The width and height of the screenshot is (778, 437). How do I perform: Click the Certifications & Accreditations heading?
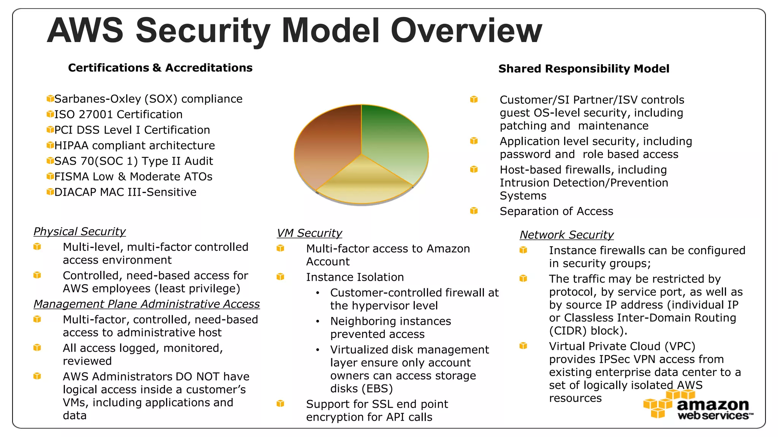tap(160, 68)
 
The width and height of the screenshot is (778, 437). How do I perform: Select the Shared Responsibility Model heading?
tap(583, 69)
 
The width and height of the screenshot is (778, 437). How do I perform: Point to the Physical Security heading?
tap(79, 231)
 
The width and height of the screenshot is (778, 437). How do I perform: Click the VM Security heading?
tap(309, 233)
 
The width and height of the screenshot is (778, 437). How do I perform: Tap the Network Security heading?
tap(566, 235)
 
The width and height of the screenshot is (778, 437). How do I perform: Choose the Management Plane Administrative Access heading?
tap(146, 304)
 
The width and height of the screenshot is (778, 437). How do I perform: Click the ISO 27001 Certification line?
tap(118, 114)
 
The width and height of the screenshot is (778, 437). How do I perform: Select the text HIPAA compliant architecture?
tap(134, 145)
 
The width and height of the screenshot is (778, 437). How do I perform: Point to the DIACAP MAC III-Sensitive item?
tap(125, 192)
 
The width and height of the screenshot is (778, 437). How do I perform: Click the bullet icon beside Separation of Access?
tap(474, 211)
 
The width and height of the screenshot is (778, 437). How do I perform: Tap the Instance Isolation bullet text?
tap(355, 277)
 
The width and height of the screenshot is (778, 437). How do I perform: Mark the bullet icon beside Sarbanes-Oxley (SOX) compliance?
tap(50, 99)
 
